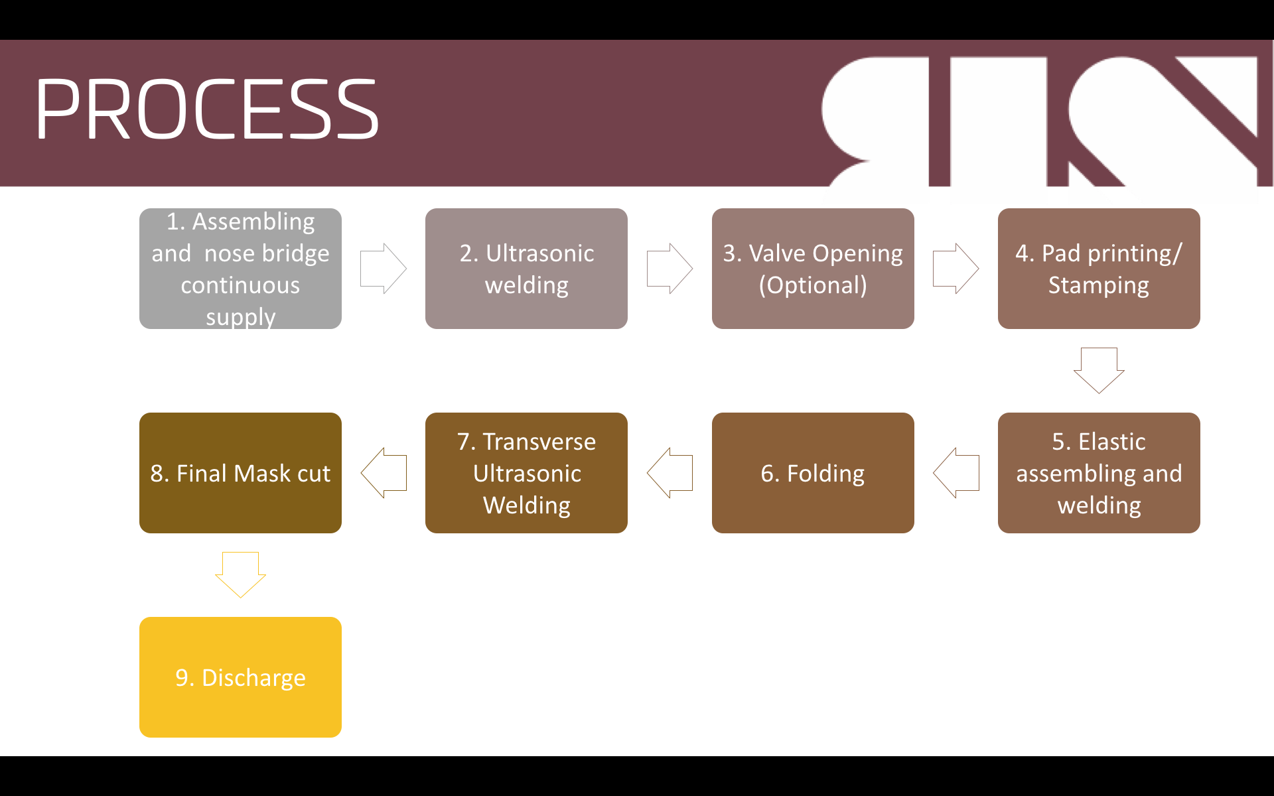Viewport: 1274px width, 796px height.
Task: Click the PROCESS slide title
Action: [207, 109]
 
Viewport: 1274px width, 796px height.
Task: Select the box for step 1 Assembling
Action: [240, 269]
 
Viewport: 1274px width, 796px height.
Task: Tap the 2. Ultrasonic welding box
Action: [526, 269]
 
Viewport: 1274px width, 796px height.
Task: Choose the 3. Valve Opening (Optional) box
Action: [813, 269]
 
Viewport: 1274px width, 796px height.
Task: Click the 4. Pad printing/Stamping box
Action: [1099, 269]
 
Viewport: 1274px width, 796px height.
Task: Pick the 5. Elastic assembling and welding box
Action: [1099, 473]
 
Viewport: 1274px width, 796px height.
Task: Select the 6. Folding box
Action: [813, 473]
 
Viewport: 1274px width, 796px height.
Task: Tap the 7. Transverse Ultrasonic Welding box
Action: [526, 473]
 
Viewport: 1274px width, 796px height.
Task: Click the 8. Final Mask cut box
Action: [240, 473]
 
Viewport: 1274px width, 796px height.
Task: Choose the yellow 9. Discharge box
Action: [240, 677]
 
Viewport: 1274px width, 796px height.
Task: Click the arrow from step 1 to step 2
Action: [384, 269]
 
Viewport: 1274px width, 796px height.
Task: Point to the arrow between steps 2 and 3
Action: [670, 269]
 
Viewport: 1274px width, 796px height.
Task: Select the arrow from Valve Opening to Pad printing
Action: [955, 269]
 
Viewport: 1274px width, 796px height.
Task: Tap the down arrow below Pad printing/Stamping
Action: [1099, 370]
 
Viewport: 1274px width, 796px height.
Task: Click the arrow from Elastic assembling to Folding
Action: [955, 473]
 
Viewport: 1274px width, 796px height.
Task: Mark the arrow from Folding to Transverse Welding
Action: [670, 473]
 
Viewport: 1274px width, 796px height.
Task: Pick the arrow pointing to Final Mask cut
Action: [384, 473]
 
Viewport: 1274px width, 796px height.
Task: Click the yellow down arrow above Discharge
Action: [240, 574]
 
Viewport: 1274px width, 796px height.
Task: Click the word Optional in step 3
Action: [813, 285]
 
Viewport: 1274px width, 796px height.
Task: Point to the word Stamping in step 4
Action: [1099, 285]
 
